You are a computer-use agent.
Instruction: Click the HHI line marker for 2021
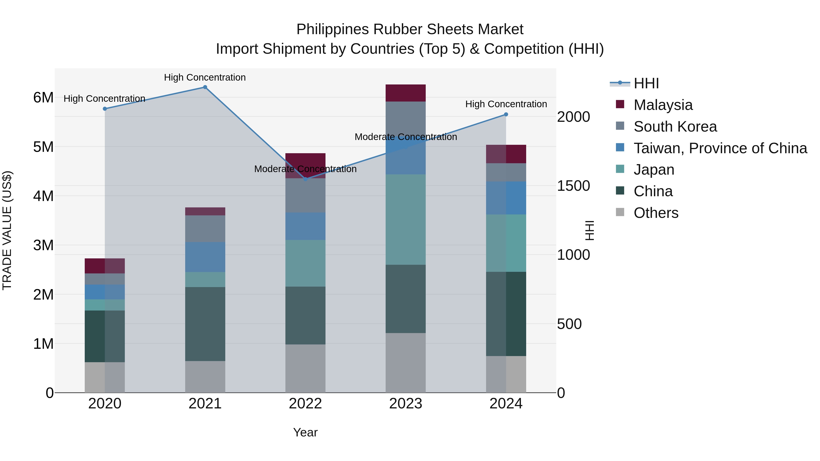pyautogui.click(x=205, y=87)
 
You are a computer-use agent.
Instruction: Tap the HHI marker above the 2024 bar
pyautogui.click(x=506, y=115)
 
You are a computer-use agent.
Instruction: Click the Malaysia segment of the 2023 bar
pyautogui.click(x=405, y=93)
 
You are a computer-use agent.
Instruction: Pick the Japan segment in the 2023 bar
pyautogui.click(x=405, y=219)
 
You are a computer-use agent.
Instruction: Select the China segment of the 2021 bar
pyautogui.click(x=205, y=324)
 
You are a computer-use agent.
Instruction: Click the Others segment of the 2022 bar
pyautogui.click(x=305, y=368)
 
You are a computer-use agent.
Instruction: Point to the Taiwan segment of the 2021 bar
pyautogui.click(x=205, y=257)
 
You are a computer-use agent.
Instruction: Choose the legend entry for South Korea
pyautogui.click(x=675, y=127)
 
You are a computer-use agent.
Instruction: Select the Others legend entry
pyautogui.click(x=656, y=213)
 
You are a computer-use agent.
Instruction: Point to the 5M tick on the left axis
pyautogui.click(x=43, y=147)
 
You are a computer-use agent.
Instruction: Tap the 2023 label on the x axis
pyautogui.click(x=405, y=404)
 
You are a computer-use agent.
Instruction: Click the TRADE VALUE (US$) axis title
pyautogui.click(x=7, y=230)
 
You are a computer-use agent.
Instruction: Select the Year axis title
pyautogui.click(x=305, y=432)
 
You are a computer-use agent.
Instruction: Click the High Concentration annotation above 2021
pyautogui.click(x=205, y=77)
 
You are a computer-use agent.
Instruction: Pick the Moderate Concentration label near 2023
pyautogui.click(x=405, y=137)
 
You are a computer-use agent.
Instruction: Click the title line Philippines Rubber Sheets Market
pyautogui.click(x=410, y=29)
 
